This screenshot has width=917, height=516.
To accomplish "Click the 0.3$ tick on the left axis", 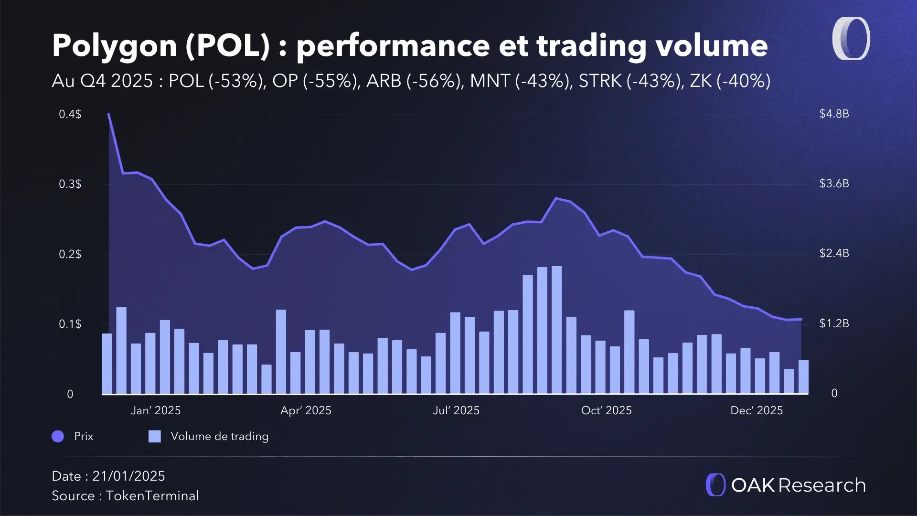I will click(70, 184).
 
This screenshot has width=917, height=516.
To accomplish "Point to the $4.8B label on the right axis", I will click(834, 114).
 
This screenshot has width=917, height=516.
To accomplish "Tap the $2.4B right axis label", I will click(834, 253).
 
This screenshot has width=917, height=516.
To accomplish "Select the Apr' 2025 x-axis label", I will click(306, 410).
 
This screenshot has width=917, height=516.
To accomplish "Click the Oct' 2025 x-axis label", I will click(606, 410).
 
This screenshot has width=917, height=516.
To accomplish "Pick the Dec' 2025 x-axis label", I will click(757, 410).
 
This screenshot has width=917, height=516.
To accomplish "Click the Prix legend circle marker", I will click(58, 436).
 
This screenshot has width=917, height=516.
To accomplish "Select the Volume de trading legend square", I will click(154, 436).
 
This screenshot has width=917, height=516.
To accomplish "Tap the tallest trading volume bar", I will click(556, 330).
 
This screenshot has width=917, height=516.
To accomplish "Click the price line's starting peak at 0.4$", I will click(109, 115).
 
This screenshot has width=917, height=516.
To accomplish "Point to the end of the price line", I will click(801, 319).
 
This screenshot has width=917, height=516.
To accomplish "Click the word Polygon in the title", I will click(114, 46).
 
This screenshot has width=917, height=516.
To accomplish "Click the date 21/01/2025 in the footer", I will click(128, 476).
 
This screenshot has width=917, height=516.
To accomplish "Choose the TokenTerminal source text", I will click(152, 495).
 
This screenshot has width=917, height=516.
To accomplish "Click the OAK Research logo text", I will click(798, 485).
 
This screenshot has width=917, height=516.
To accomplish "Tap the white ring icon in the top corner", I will click(851, 39).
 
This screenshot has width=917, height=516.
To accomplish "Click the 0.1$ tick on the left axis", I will click(70, 324).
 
